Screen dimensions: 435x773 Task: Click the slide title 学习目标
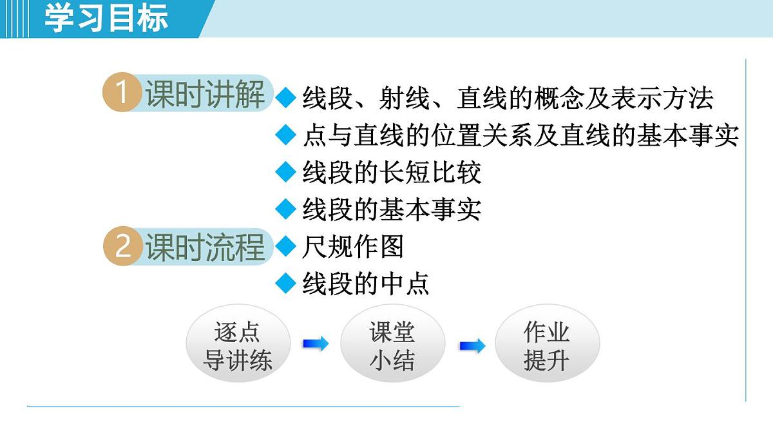coord(106,18)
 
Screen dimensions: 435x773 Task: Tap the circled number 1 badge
coord(122,94)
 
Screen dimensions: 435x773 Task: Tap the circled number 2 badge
coord(122,247)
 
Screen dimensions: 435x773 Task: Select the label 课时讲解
coord(205,95)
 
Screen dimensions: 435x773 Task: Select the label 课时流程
coord(205,247)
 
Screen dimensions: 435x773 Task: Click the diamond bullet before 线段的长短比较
coord(284,172)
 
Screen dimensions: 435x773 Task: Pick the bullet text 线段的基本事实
coord(392,209)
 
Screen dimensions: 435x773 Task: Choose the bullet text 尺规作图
coord(353,246)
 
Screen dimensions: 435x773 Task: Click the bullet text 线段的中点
coord(366,283)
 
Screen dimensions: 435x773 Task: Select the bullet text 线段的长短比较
coord(392,173)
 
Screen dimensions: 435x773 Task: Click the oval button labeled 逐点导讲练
coord(238,346)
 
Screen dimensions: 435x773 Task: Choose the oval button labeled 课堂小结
coord(392,346)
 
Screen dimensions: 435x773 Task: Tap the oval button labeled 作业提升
coord(547,346)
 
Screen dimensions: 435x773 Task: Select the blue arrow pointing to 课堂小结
coord(316,344)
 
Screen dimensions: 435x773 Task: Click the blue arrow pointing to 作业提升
coord(472,346)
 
